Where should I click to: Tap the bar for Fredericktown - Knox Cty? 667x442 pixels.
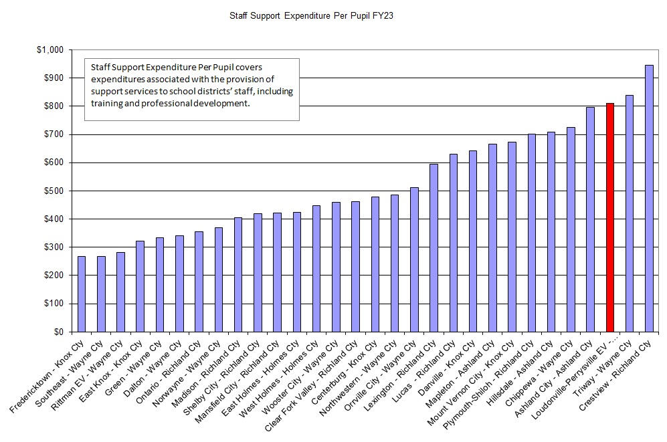click(x=82, y=294)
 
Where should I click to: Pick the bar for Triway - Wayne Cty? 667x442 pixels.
click(x=629, y=213)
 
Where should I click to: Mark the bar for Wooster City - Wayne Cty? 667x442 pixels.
click(x=336, y=267)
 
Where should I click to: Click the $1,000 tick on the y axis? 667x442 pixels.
click(x=50, y=50)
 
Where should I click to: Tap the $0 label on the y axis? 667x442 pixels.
click(x=58, y=332)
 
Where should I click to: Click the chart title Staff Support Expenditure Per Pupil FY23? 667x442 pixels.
click(x=311, y=15)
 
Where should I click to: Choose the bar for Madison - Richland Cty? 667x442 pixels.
click(x=238, y=274)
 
